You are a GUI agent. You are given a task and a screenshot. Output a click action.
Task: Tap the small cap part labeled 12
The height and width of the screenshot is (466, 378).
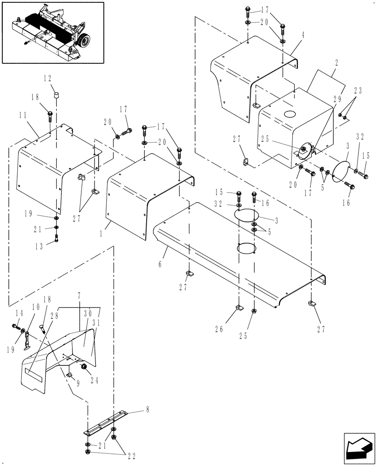[x=56, y=95]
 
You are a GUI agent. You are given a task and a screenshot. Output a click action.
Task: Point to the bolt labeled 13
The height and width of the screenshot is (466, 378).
[x=56, y=239]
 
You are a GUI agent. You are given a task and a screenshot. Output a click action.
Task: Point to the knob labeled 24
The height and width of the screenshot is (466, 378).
[x=85, y=368]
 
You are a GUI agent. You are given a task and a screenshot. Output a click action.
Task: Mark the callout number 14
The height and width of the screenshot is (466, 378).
[x=19, y=313]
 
